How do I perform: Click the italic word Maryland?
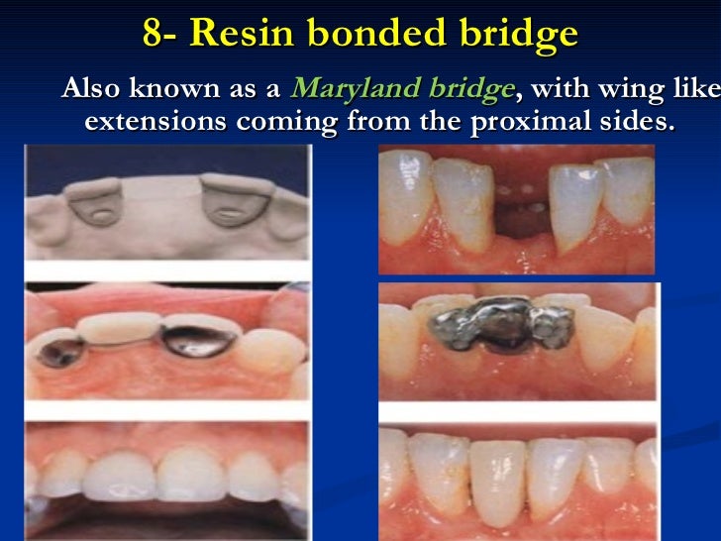(x=356, y=89)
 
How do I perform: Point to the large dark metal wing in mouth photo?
(x=199, y=341)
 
